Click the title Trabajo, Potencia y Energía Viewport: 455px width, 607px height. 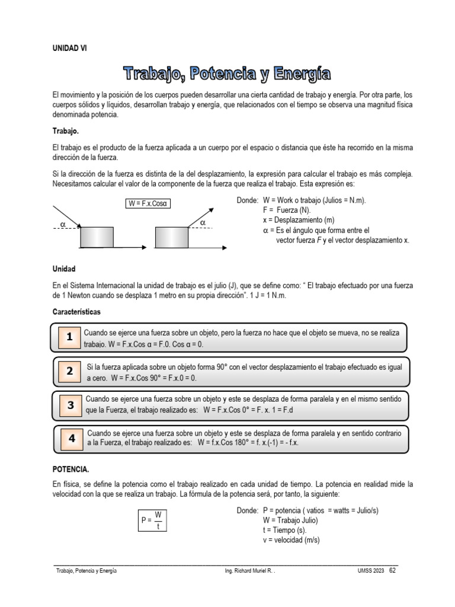point(227,74)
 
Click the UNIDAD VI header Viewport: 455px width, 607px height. point(69,49)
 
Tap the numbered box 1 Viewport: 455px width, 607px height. point(69,337)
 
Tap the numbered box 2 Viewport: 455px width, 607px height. point(69,372)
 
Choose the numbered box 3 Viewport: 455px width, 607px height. point(71,405)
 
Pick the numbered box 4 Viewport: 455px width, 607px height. point(71,439)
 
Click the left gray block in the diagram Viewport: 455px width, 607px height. point(97,237)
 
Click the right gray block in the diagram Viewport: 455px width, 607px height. point(171,237)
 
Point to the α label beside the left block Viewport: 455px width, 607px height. point(63,225)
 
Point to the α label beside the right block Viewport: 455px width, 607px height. point(203,222)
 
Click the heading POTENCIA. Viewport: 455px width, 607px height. point(71,469)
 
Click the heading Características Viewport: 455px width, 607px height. point(76,311)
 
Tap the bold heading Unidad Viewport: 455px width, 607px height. point(64,269)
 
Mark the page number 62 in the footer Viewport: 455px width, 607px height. point(393,570)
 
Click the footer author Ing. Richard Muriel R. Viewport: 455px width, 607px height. point(250,571)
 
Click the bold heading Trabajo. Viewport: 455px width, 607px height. point(66,130)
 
